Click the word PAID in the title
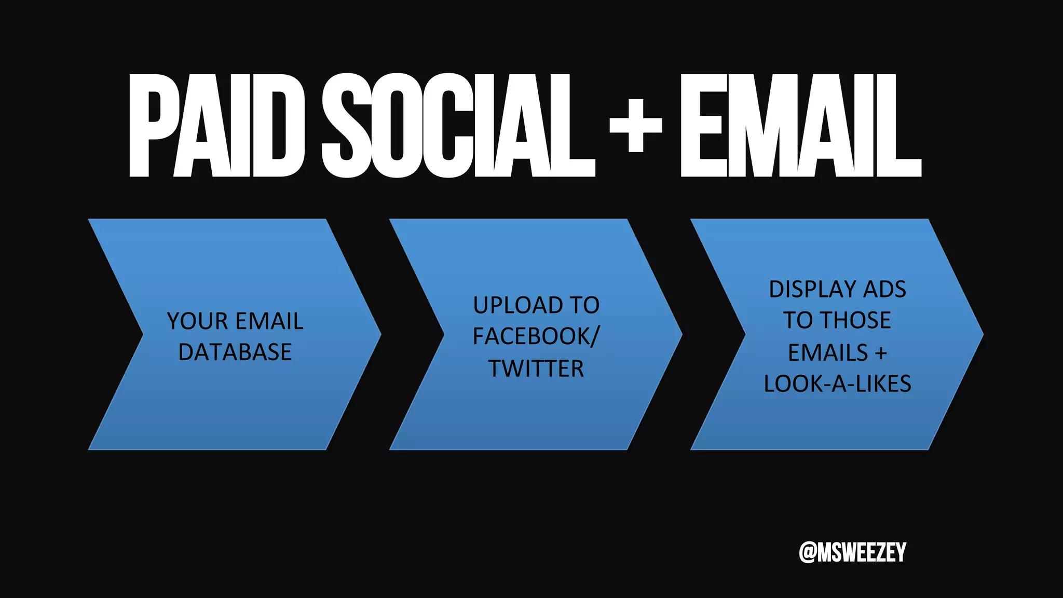click(x=216, y=126)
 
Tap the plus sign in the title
click(x=635, y=126)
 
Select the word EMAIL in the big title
click(x=800, y=126)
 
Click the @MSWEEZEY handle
click(x=852, y=552)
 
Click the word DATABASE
click(x=235, y=352)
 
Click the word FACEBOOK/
click(x=536, y=336)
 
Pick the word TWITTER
click(x=536, y=369)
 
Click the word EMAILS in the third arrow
click(x=828, y=353)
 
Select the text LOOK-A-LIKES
click(x=837, y=384)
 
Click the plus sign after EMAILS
click(x=881, y=354)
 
